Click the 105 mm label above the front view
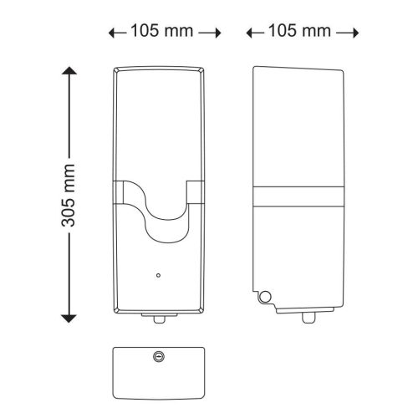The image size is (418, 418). tap(163, 32)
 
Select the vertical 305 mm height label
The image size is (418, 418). tap(69, 196)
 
